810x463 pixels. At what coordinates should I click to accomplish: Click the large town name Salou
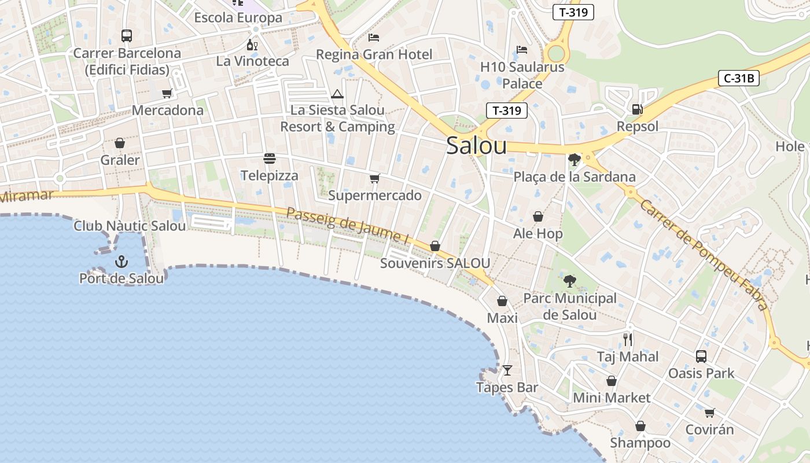[476, 146]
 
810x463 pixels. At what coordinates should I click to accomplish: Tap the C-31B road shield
[738, 78]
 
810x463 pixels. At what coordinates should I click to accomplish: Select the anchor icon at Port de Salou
[121, 262]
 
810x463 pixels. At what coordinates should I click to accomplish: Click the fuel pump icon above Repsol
[637, 109]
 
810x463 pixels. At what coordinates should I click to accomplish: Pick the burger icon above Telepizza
[270, 159]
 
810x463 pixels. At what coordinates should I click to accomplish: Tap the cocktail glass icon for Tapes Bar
[507, 370]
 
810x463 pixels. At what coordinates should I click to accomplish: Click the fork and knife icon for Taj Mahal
[628, 339]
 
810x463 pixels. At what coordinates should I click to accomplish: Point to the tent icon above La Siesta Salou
[337, 94]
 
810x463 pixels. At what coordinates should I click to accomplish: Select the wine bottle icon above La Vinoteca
[252, 45]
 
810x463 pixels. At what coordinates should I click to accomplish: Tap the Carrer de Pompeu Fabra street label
[704, 255]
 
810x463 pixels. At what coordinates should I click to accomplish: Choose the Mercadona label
[168, 110]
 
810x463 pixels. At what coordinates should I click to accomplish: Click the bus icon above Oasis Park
[701, 356]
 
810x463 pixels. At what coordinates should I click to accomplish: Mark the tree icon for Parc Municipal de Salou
[570, 281]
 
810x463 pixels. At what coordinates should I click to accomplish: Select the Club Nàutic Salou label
[130, 226]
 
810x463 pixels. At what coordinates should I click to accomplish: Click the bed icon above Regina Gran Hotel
[374, 38]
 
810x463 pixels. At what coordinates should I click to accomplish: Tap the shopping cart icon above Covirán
[709, 413]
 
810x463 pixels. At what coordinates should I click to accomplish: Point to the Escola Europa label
[238, 17]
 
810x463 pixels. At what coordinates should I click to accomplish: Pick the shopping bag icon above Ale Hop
[538, 216]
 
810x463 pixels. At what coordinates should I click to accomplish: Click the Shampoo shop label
[640, 443]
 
